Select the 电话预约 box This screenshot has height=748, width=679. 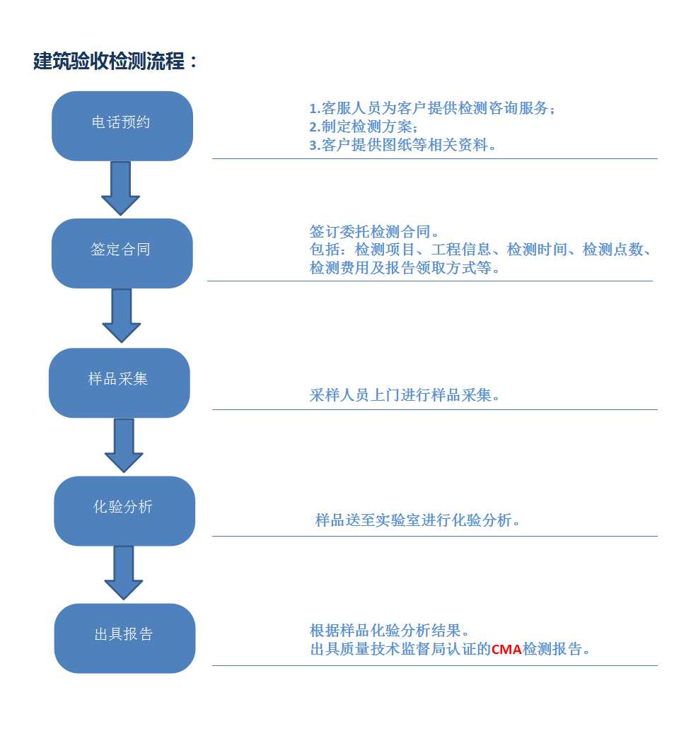(x=122, y=126)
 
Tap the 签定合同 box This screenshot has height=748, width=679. (x=122, y=253)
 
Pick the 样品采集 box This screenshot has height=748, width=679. (x=120, y=382)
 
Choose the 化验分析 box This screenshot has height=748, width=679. (x=124, y=511)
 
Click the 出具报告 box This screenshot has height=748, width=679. (x=124, y=638)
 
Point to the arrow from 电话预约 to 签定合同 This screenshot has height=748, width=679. (x=121, y=189)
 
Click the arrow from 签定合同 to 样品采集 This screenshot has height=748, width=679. (x=122, y=316)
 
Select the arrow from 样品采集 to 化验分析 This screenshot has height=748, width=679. (x=124, y=445)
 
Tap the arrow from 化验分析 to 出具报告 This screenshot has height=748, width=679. (x=124, y=573)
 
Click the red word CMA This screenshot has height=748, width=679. (x=506, y=649)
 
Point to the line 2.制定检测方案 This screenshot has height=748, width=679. (x=364, y=127)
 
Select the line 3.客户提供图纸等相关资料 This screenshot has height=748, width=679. (x=402, y=145)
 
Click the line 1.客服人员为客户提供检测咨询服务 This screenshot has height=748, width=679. (x=432, y=108)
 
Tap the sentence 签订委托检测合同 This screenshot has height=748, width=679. (x=374, y=232)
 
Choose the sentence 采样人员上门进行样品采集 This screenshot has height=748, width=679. (x=404, y=395)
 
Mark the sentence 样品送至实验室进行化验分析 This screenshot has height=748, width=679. (x=417, y=520)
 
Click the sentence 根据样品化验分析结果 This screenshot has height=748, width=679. (x=389, y=631)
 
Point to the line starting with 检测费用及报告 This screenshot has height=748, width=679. (x=405, y=268)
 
